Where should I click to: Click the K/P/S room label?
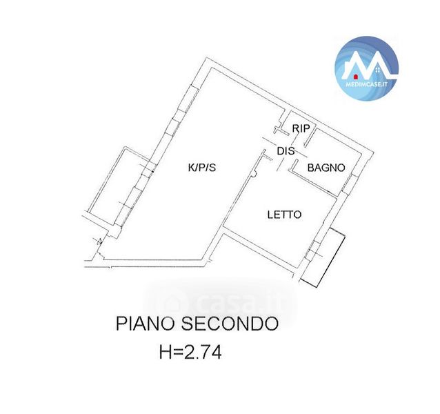point(202,167)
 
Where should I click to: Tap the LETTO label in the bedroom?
point(284,215)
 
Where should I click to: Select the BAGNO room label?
point(326,167)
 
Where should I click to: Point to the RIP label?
point(300,128)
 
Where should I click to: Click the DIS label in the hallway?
point(286,150)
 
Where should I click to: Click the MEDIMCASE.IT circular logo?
point(366,67)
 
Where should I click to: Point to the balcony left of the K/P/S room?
point(117,184)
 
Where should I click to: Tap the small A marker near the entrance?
point(101,241)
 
